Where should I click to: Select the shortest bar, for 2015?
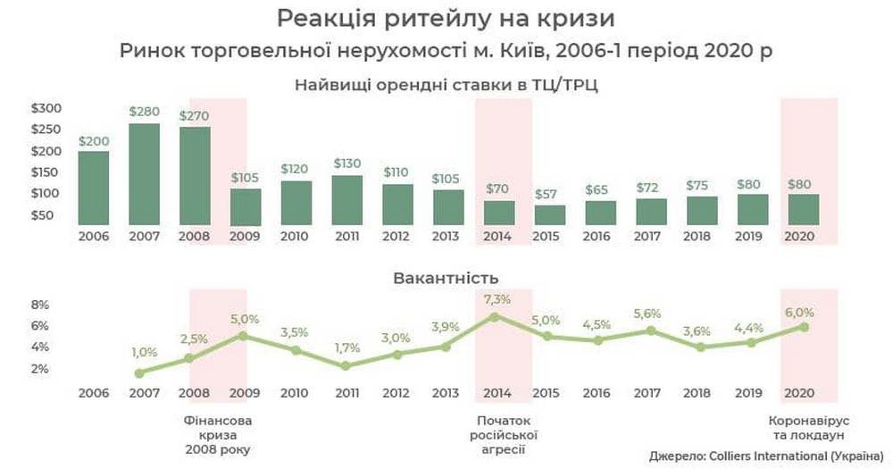(550, 215)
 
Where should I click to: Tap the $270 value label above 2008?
(196, 116)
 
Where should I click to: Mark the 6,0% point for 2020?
(804, 327)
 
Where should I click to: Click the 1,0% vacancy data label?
(143, 353)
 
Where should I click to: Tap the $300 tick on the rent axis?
(46, 108)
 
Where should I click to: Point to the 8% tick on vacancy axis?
(40, 304)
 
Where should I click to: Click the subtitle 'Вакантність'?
(446, 278)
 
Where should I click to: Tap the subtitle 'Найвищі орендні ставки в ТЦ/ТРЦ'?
(446, 85)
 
